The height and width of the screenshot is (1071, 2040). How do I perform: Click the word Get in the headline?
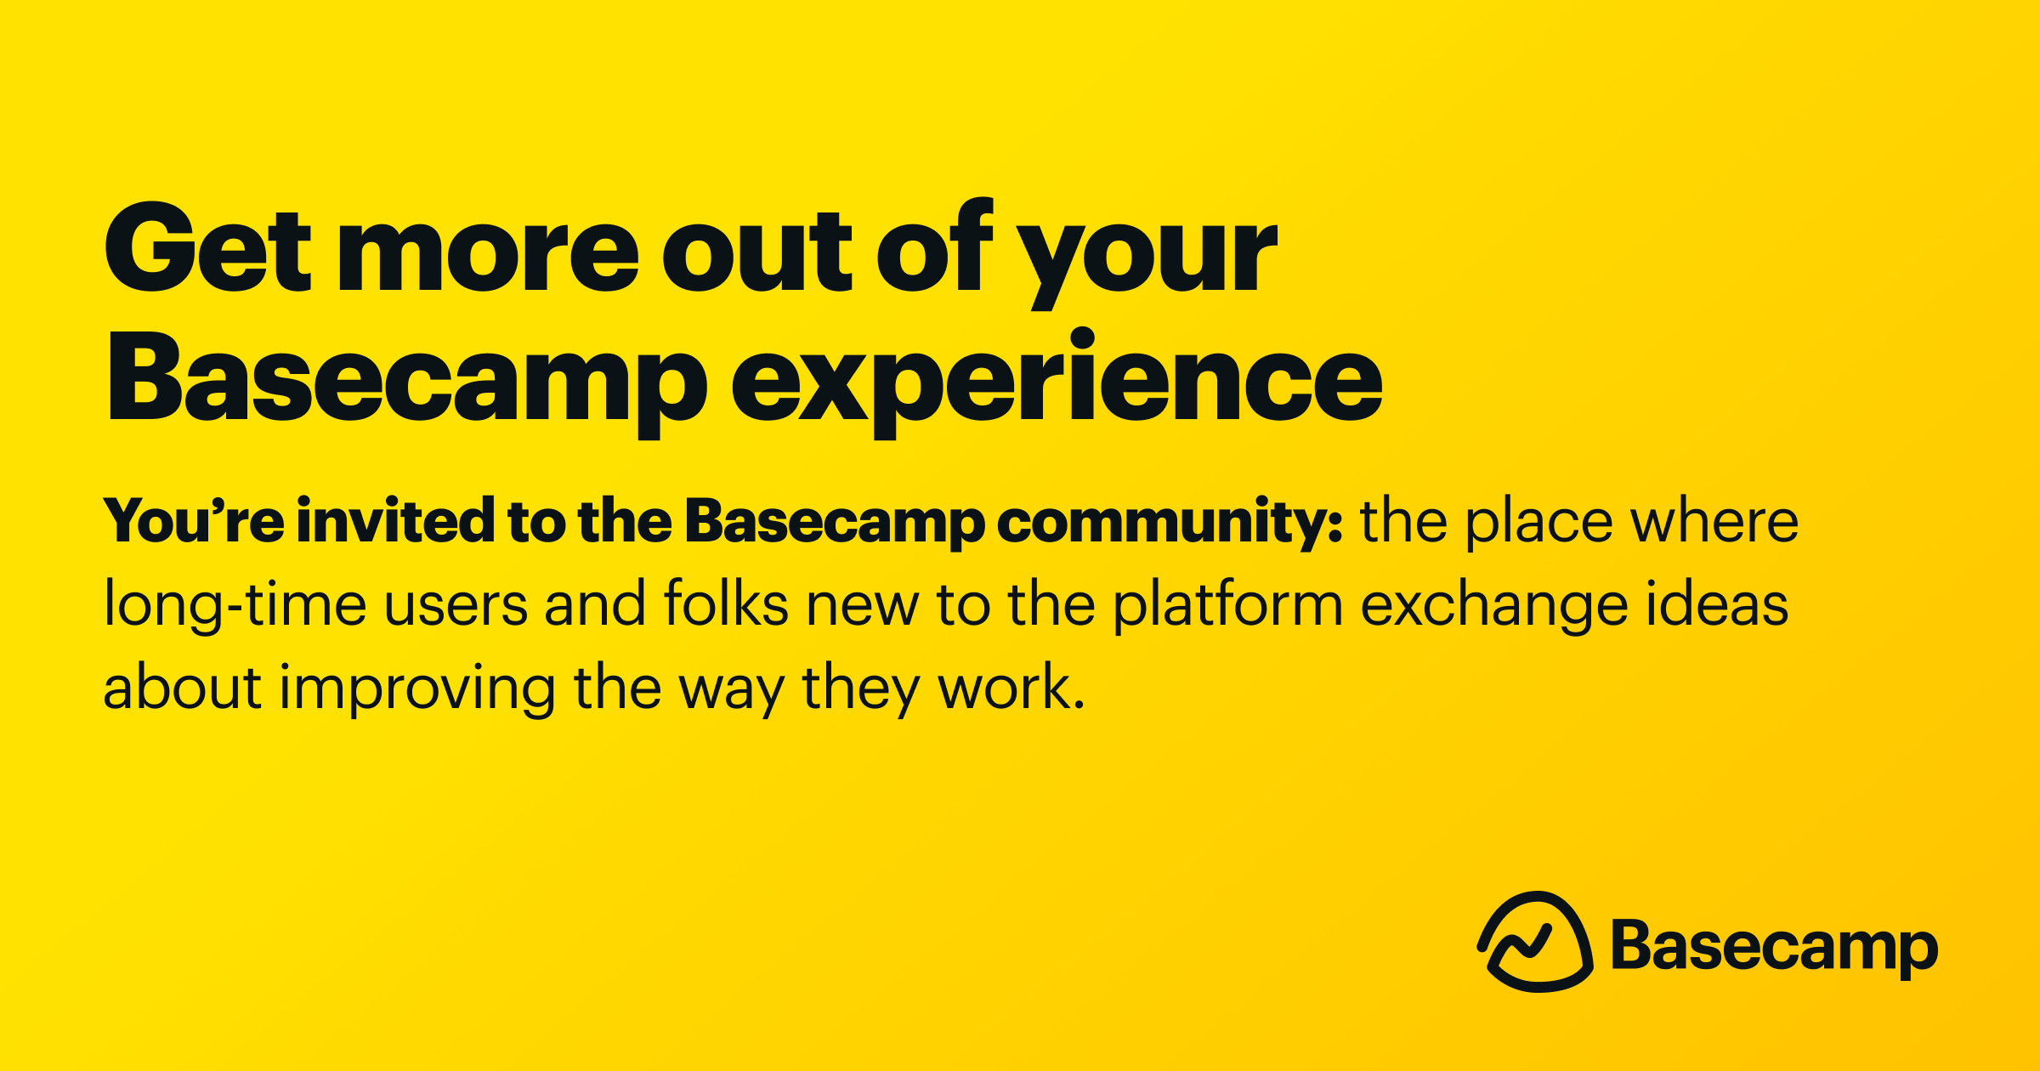point(207,248)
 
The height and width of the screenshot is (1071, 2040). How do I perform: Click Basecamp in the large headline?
point(406,381)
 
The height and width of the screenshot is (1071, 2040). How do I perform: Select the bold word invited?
point(395,520)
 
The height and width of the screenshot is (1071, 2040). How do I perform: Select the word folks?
point(725,603)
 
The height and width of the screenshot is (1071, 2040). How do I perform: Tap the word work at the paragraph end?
point(1007,687)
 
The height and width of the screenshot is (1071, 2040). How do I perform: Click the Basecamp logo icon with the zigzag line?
point(1535,942)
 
